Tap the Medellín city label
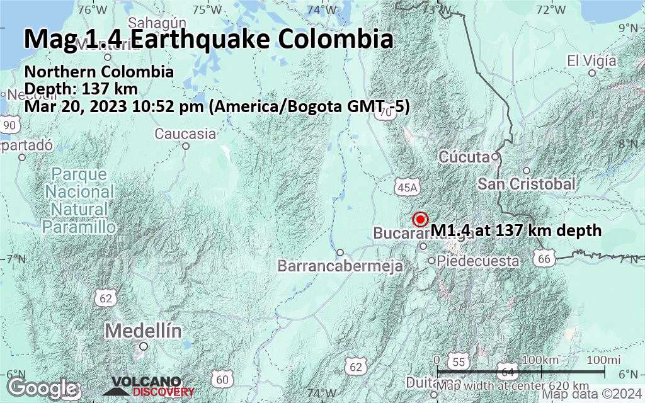[143, 331]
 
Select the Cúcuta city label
[465, 156]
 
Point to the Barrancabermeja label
[340, 266]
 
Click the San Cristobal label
[526, 184]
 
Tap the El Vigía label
[591, 61]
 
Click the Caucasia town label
[185, 133]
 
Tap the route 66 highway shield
[545, 258]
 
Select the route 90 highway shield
[9, 125]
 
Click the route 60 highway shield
[221, 379]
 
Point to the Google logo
[42, 387]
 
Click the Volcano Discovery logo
[149, 385]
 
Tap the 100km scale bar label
[540, 359]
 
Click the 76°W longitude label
[93, 9]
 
